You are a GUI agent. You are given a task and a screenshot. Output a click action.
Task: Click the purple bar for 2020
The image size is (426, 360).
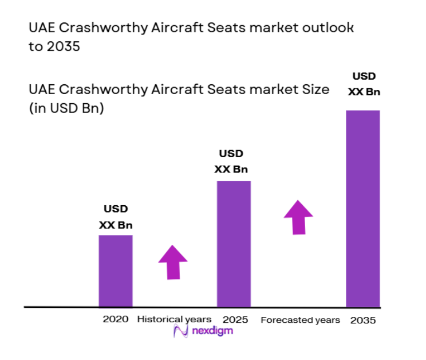(x=116, y=271)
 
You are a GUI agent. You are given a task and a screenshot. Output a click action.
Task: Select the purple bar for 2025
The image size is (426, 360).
(x=234, y=244)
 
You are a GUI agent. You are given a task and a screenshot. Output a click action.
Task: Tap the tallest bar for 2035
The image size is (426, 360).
(x=363, y=208)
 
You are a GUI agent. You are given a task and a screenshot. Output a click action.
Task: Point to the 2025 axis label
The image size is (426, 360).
(x=235, y=319)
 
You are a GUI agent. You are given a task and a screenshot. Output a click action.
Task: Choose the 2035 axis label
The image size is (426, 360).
(x=363, y=320)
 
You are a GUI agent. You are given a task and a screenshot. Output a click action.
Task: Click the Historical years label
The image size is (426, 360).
(x=174, y=319)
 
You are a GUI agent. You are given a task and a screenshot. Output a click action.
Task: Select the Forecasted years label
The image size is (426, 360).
(x=300, y=320)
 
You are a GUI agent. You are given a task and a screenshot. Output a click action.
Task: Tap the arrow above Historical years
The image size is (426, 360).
(x=173, y=262)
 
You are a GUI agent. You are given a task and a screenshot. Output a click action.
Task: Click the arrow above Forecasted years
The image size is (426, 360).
(x=298, y=217)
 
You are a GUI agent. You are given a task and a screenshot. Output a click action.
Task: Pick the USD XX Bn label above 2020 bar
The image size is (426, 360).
(x=116, y=217)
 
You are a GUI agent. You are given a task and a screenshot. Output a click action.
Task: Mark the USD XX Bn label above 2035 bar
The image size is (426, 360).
(x=365, y=84)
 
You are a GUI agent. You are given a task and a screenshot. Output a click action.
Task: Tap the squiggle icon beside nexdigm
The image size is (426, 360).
(x=181, y=331)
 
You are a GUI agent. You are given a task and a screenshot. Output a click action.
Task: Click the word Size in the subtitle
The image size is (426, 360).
(x=314, y=89)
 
